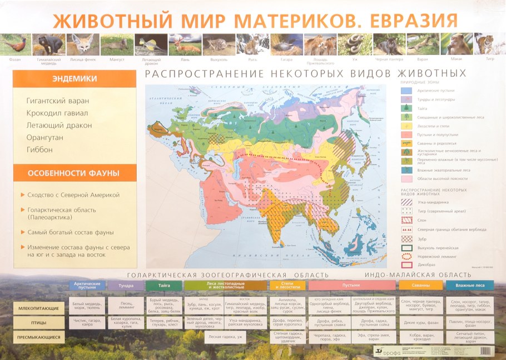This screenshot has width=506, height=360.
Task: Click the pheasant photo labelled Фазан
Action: coord(15,44)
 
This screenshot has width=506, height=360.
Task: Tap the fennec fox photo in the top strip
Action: coord(83,44)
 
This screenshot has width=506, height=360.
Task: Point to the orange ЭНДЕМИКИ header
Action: coord(75,79)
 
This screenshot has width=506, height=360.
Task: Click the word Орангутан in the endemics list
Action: coord(45,137)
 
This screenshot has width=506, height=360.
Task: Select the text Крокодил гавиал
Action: coord(57,113)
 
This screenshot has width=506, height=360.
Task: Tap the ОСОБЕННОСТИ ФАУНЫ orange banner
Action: coord(75,173)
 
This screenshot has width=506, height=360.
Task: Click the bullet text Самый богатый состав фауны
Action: coord(71,232)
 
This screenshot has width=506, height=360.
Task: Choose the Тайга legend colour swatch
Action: coord(406,108)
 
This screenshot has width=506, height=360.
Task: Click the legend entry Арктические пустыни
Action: coord(435,90)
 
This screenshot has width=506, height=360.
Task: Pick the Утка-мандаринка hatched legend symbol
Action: coord(406,202)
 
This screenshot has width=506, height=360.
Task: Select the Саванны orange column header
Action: coord(421,285)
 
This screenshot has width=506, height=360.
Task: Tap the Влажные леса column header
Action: coord(469,285)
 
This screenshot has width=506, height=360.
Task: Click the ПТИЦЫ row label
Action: coord(39,323)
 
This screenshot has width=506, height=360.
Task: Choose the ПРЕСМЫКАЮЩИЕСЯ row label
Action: coord(39,337)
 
